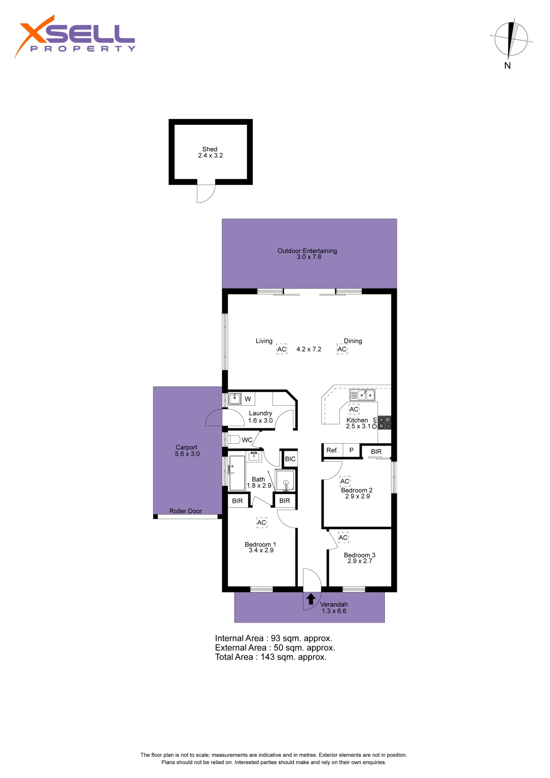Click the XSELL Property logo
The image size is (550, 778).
[74, 36]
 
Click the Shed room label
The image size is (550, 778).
[210, 152]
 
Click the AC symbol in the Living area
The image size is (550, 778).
[282, 349]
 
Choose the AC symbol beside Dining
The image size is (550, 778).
[342, 349]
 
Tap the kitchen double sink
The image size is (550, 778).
[362, 395]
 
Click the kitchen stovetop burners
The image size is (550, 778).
[384, 422]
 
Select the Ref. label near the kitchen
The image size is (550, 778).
[332, 450]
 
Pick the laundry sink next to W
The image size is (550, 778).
[235, 399]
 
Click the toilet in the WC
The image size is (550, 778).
[234, 440]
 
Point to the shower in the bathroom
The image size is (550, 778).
[285, 480]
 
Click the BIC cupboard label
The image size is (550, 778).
[290, 459]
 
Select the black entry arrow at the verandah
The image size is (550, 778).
[311, 599]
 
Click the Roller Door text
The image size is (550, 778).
[185, 511]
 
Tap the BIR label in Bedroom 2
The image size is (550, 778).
[376, 452]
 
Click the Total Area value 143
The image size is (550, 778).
[267, 657]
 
